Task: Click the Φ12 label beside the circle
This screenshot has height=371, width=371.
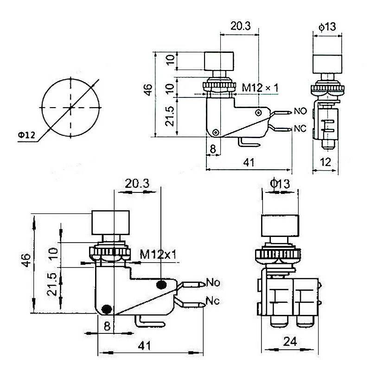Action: click(x=26, y=135)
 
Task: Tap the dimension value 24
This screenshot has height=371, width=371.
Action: click(x=290, y=341)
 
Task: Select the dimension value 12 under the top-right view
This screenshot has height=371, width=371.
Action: click(x=326, y=162)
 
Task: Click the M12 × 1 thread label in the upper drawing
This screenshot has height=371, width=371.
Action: click(x=260, y=88)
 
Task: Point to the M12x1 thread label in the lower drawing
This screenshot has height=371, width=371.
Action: click(x=158, y=255)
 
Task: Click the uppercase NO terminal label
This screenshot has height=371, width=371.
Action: click(x=300, y=111)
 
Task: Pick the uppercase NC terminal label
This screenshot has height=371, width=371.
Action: click(x=300, y=129)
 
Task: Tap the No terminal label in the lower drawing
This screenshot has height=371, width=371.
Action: click(x=213, y=282)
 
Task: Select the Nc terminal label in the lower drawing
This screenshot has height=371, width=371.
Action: click(x=213, y=301)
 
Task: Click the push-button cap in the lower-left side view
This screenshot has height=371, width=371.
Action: click(x=110, y=223)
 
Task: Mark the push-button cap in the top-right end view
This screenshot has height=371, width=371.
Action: click(x=328, y=64)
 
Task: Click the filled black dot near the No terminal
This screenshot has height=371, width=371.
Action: click(x=161, y=285)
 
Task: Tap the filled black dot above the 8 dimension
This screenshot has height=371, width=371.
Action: click(x=107, y=309)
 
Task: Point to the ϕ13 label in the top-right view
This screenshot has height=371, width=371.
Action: click(x=327, y=26)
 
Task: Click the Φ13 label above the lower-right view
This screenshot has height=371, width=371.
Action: click(x=280, y=183)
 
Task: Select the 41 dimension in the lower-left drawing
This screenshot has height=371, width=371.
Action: click(x=144, y=345)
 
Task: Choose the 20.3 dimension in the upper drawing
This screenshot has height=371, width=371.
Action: click(x=240, y=26)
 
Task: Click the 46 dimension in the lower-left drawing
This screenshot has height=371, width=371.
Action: click(x=26, y=260)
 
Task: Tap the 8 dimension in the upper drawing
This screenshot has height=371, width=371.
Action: click(x=213, y=149)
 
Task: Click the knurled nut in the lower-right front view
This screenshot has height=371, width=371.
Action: click(x=277, y=254)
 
